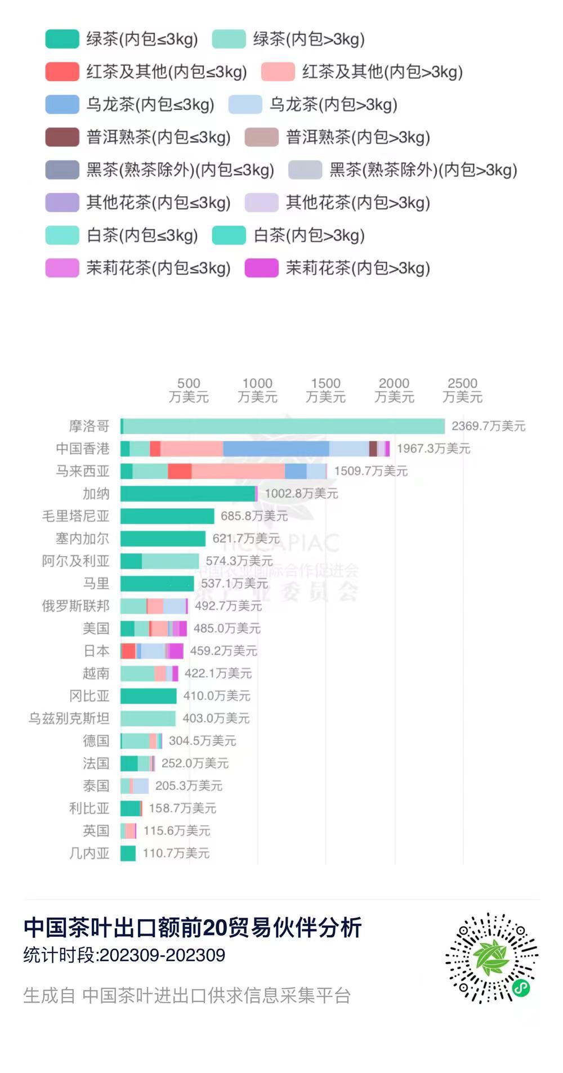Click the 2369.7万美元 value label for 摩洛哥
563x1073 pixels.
pos(488,426)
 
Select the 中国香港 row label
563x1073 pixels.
pos(82,449)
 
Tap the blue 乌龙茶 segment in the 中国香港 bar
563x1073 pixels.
pos(276,449)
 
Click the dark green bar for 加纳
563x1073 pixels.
pos(187,494)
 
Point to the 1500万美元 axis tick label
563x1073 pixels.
pos(325,390)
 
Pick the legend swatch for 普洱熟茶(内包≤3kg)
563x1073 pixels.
pos(62,137)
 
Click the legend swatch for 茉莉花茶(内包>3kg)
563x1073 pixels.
pos(261,268)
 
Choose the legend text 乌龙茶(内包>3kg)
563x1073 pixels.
pos(333,105)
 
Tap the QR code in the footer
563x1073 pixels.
pos(491,958)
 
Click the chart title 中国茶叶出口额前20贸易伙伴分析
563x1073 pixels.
pos(193,928)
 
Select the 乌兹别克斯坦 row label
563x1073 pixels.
pos(69,718)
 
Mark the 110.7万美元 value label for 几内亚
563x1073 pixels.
pos(176,853)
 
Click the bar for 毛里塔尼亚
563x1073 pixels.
pos(167,516)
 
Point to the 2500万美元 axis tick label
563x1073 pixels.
pos(462,390)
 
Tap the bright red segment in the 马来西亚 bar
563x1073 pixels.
pos(180,471)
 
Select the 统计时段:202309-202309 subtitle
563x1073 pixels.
pos(124,955)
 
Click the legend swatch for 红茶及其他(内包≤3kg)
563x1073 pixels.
pos(62,72)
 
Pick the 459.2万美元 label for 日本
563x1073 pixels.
pos(224,651)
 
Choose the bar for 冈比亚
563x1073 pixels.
pos(149,696)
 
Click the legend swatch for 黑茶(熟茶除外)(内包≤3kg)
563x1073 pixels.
pos(62,170)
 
